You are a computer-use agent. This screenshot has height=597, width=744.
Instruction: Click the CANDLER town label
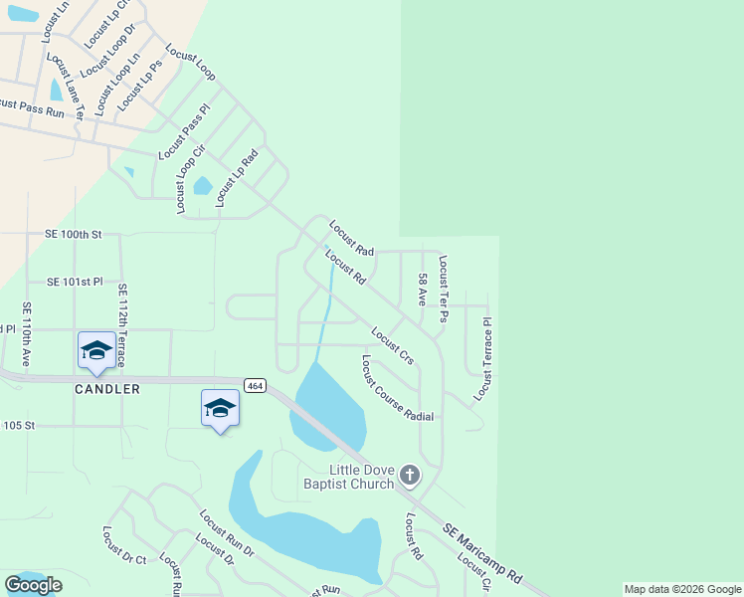tap(106, 389)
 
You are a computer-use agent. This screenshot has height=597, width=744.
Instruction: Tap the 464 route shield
tap(255, 385)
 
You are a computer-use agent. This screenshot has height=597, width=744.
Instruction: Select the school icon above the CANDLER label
tap(96, 350)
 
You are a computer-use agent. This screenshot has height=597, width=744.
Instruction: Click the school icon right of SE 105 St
tap(220, 408)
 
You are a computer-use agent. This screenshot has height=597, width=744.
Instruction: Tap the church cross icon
tap(410, 476)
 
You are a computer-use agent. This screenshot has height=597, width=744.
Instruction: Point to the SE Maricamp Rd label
tap(482, 553)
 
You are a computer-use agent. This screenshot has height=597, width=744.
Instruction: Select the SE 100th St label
tap(74, 235)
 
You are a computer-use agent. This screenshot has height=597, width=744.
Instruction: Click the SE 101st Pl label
tap(74, 282)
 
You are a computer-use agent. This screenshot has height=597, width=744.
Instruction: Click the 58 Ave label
tap(423, 290)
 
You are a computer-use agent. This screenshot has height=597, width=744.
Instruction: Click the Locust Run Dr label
tap(227, 537)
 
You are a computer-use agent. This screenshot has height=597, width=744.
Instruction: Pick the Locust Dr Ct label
tap(124, 545)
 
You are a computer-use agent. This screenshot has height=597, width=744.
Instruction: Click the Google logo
tap(33, 585)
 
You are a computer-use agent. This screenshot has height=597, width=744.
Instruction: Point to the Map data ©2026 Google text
tap(682, 589)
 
